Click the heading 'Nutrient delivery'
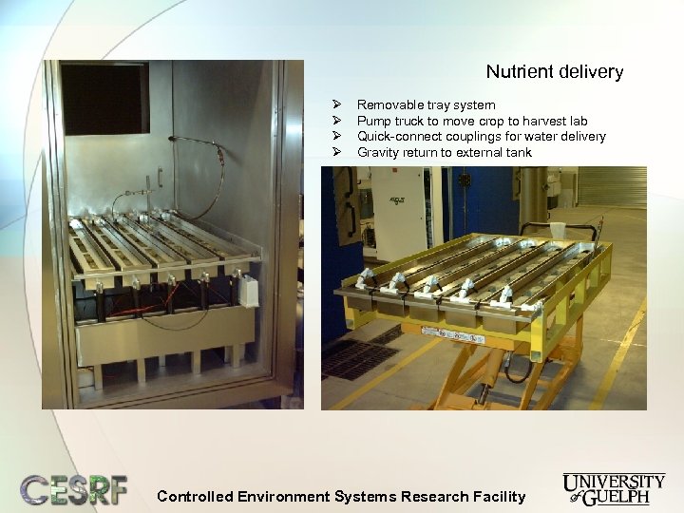554,72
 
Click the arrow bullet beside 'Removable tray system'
335,105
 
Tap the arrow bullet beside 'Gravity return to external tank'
335,153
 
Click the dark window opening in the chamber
104,98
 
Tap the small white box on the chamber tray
249,291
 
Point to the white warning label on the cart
452,333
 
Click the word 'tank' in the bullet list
519,153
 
